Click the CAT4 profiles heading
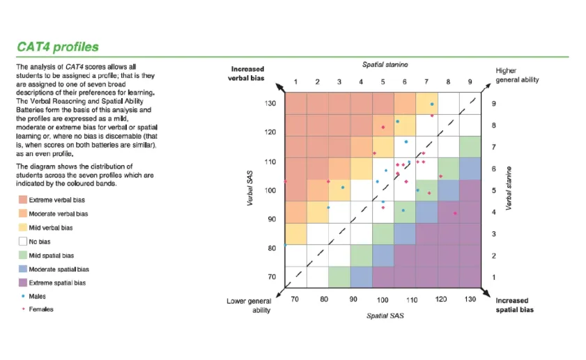58,47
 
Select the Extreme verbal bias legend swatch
23,200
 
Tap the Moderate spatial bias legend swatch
23,269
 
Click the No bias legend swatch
23,241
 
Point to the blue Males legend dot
23,296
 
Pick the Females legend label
41,309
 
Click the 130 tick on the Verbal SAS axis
270,104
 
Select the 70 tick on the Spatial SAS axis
295,299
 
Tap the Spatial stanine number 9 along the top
470,81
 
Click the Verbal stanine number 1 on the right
494,277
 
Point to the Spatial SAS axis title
385,316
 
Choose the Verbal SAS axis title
250,188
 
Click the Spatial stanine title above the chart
385,65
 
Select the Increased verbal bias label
247,74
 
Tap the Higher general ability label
517,75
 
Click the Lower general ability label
249,306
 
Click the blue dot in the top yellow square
432,104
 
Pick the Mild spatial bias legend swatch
23,255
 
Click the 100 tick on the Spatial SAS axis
383,299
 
